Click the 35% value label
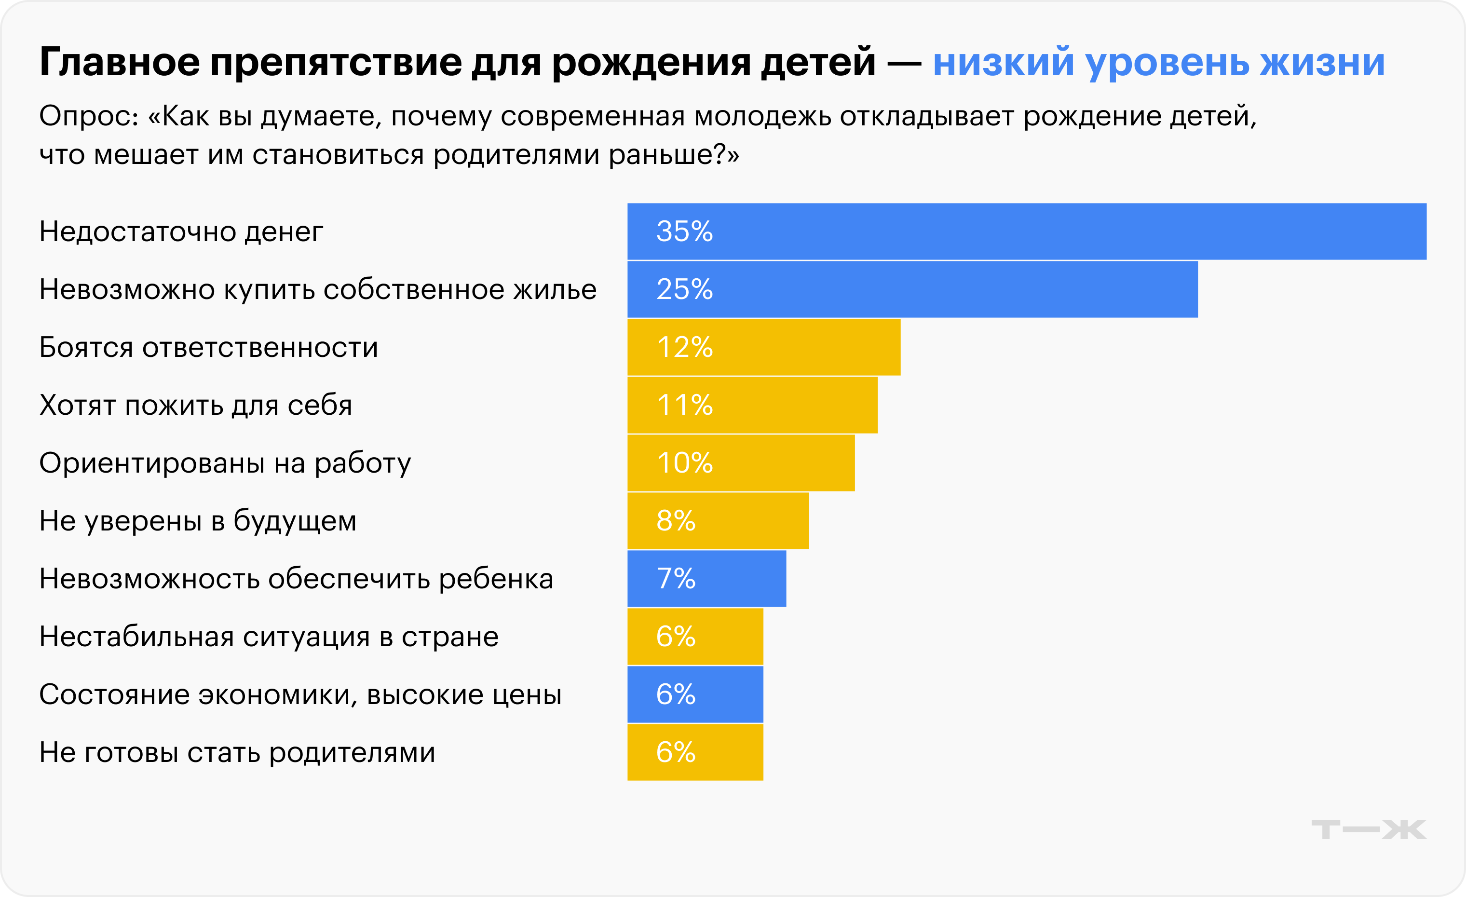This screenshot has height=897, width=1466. (684, 231)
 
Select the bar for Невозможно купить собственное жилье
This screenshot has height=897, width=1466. (912, 289)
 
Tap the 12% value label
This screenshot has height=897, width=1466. (684, 347)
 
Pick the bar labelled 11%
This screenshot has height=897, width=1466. (752, 405)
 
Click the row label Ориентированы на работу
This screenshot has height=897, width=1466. (225, 463)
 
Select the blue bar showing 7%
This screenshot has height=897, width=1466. (706, 578)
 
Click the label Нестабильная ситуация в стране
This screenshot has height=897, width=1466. (268, 637)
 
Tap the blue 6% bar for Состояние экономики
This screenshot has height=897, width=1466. (695, 694)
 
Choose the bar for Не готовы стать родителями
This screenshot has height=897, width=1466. (695, 752)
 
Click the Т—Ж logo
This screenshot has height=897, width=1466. (1369, 829)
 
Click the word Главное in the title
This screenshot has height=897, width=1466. (120, 62)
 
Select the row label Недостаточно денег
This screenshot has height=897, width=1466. (181, 231)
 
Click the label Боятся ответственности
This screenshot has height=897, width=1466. (208, 347)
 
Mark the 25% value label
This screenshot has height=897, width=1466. (684, 289)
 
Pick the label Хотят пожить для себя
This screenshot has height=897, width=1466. (196, 405)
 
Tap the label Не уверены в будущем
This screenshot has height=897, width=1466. (198, 520)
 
